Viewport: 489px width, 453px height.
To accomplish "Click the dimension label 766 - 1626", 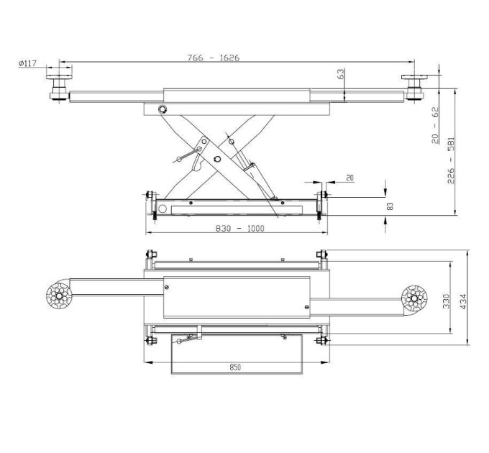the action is click(x=214, y=58).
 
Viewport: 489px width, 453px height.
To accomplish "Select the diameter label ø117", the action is click(x=28, y=63).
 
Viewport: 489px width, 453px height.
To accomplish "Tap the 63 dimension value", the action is click(x=341, y=74).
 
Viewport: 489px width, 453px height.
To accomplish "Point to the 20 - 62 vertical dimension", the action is click(x=435, y=125).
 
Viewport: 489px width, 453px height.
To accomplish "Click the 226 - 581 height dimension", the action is click(x=451, y=160).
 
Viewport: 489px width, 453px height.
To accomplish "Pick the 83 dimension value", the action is click(x=390, y=206).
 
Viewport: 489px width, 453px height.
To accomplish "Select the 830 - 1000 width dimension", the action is click(x=239, y=229).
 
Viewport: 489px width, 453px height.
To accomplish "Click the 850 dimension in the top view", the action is click(x=235, y=367).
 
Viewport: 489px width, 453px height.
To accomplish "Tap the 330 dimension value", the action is click(x=447, y=301).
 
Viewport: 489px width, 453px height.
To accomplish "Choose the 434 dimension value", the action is click(x=463, y=301).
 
